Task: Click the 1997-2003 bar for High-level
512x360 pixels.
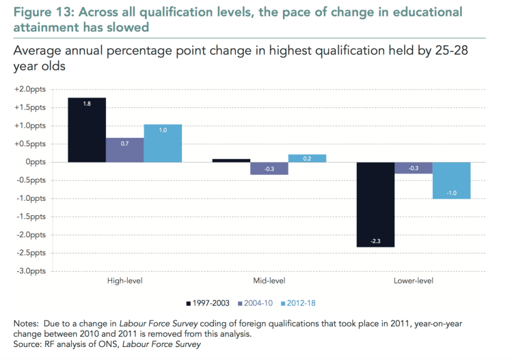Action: (x=87, y=130)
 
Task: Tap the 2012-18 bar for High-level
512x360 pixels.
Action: (x=163, y=143)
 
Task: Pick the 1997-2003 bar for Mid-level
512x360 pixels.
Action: (x=231, y=161)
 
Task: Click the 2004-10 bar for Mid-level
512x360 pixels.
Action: (x=269, y=168)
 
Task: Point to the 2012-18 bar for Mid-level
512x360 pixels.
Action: (x=307, y=158)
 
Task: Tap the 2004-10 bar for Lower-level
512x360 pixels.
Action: (x=414, y=167)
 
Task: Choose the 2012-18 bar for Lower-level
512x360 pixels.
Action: (x=451, y=180)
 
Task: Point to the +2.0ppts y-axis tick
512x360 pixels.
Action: (x=30, y=89)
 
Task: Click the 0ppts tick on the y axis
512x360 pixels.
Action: (x=34, y=162)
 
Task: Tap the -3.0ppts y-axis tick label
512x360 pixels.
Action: (x=31, y=271)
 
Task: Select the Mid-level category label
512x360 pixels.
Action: (x=269, y=281)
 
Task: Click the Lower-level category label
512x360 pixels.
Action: (x=414, y=281)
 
